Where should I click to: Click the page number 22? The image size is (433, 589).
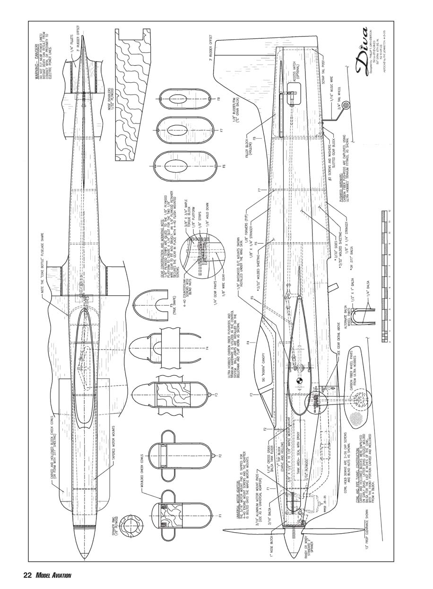click(x=27, y=575)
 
